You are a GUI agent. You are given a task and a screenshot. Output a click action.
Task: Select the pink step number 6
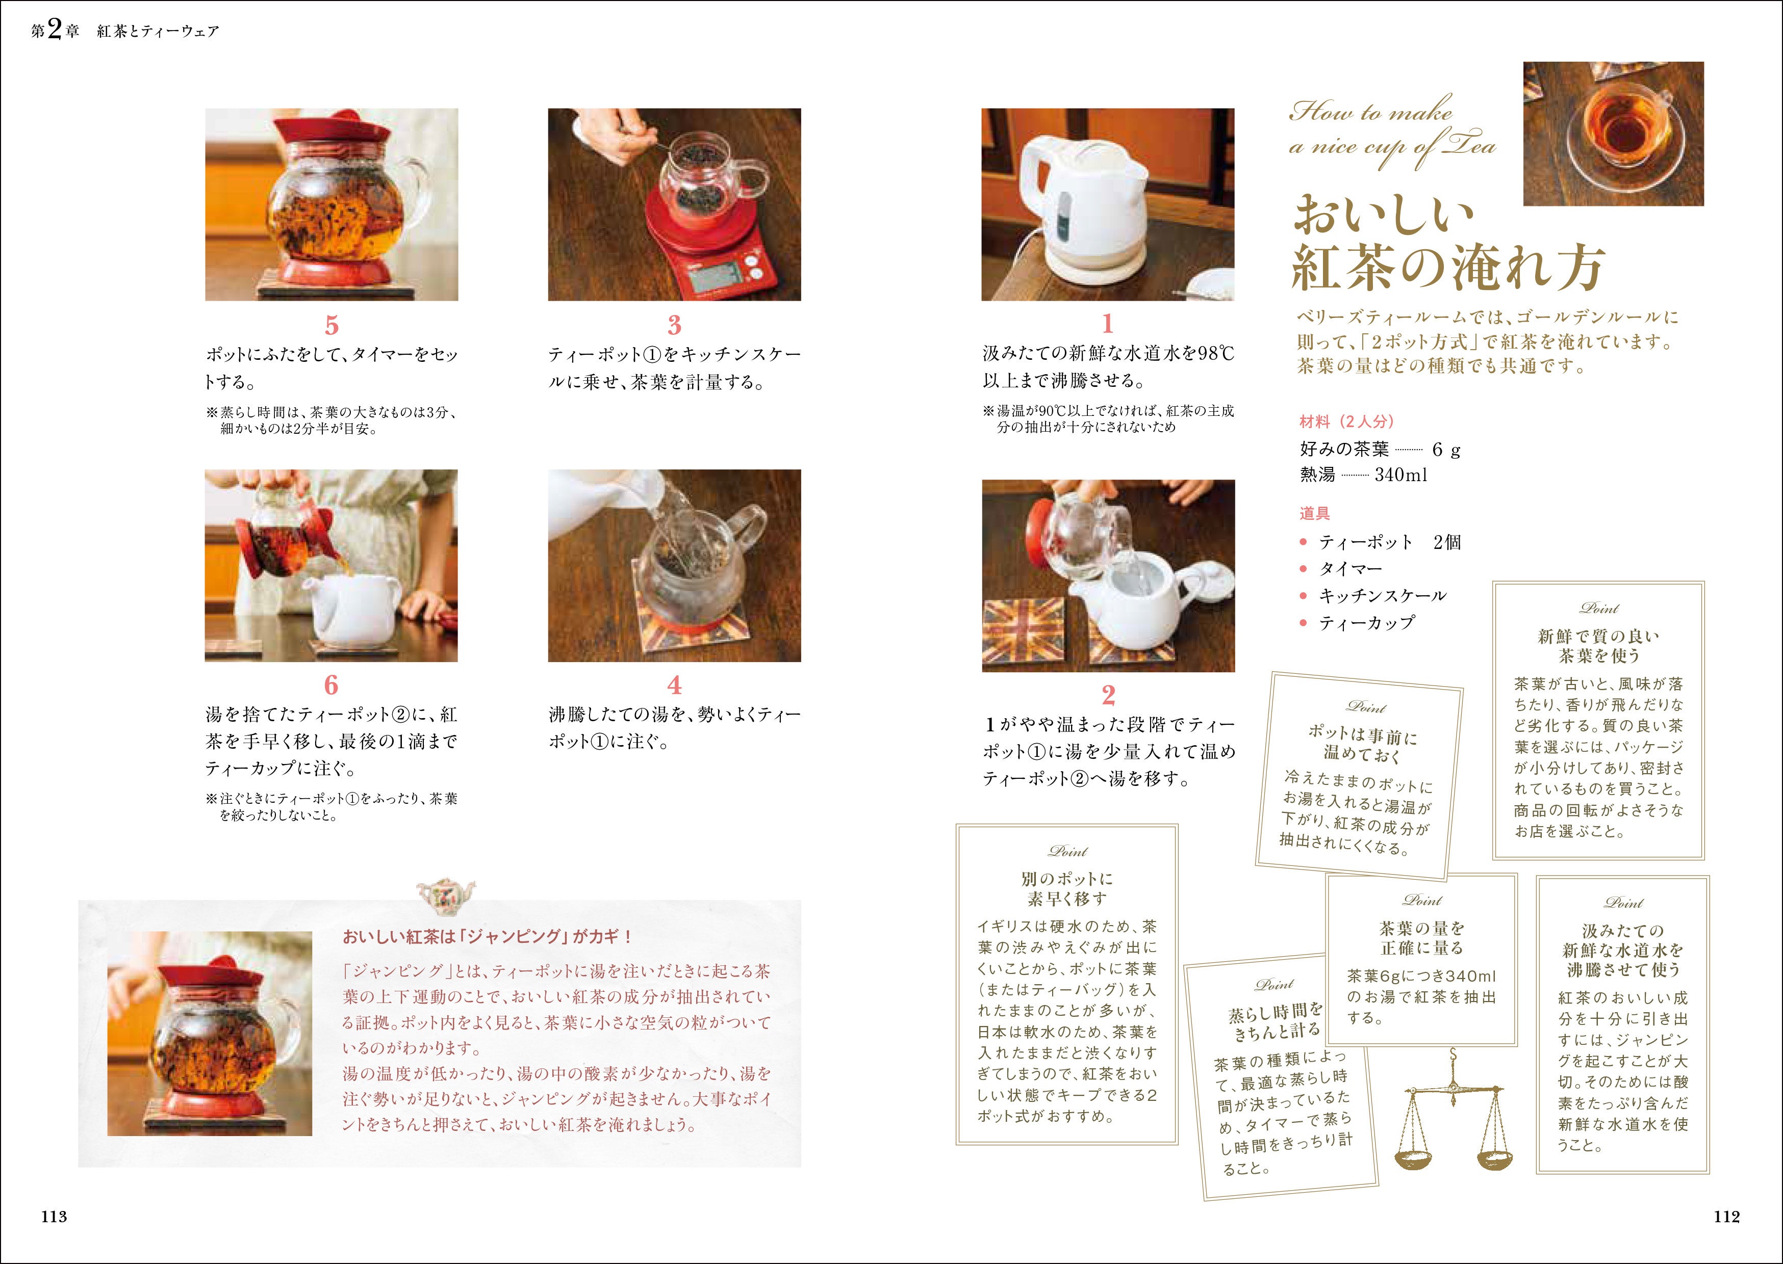(332, 685)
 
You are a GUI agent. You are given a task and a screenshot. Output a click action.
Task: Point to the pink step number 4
(674, 685)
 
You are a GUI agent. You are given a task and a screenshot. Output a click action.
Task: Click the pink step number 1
(1108, 323)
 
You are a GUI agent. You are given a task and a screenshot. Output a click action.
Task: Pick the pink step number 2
(1108, 694)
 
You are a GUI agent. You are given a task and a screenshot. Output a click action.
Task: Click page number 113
(55, 1217)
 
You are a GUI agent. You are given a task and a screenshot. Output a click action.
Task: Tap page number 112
(1727, 1217)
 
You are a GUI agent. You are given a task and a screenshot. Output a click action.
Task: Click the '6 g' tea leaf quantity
(1446, 450)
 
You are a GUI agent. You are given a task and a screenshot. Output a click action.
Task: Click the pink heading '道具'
(1314, 514)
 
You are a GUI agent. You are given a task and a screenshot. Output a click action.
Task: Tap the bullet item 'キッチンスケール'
(1382, 595)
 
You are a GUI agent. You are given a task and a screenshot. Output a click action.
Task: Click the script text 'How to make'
(1370, 113)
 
